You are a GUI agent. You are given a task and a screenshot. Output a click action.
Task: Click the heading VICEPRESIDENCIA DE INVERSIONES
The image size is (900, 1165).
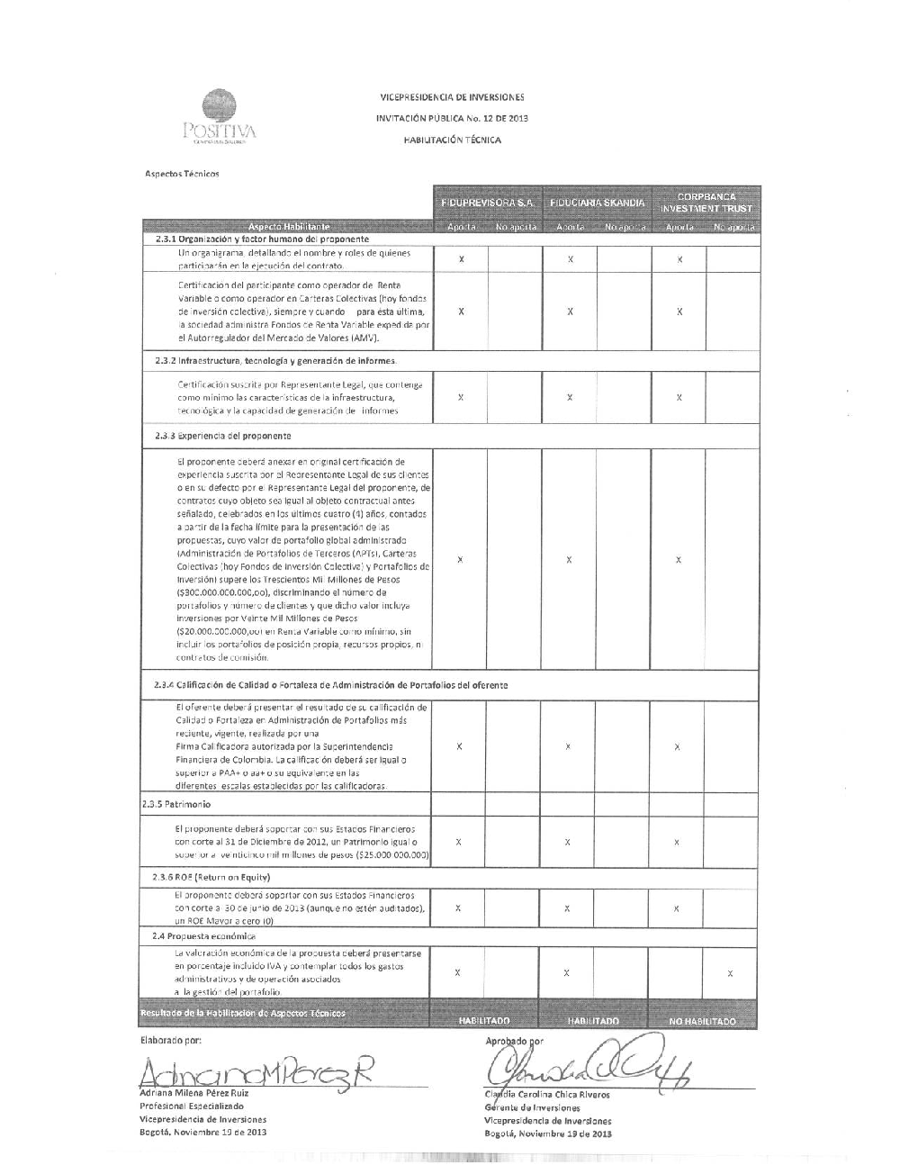click(452, 97)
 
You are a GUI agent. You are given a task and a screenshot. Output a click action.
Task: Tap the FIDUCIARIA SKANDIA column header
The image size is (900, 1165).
click(598, 203)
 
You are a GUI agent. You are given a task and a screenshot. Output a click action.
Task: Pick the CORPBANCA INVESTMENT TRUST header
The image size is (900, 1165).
click(706, 203)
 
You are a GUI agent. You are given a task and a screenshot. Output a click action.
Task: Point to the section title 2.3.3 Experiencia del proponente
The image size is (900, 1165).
click(223, 436)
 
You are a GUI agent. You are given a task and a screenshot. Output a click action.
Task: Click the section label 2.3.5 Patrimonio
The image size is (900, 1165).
click(176, 804)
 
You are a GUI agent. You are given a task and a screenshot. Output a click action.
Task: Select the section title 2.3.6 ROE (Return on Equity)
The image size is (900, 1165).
click(212, 877)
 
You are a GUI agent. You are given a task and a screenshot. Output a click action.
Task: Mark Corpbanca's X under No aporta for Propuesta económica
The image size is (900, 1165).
click(730, 973)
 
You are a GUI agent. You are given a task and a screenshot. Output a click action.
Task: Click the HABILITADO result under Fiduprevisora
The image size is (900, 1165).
click(484, 1021)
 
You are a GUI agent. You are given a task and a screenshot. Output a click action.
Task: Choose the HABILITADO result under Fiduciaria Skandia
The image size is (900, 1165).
click(594, 1021)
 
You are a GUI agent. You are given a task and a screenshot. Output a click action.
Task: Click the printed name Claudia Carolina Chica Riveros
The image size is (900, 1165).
click(547, 1095)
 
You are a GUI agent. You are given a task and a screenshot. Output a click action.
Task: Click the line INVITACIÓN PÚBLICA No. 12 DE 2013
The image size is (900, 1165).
click(452, 119)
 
